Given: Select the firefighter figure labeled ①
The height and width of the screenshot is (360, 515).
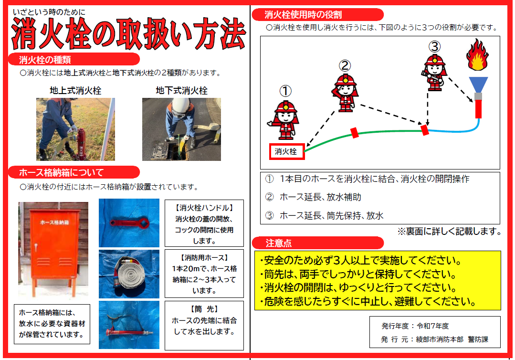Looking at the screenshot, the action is click(285, 120).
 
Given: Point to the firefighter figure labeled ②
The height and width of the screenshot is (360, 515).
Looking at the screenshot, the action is click(345, 93).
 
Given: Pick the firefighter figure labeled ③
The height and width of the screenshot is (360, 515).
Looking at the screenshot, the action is click(434, 73).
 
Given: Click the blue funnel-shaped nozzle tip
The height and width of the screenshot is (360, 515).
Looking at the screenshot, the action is click(478, 85).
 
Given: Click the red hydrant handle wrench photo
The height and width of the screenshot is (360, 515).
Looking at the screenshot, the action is click(129, 223).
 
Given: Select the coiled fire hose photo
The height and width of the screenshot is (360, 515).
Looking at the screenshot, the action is click(129, 274).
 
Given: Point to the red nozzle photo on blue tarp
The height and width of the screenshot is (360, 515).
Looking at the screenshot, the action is click(129, 325).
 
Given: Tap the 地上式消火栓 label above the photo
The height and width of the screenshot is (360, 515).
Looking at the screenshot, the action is click(75, 90).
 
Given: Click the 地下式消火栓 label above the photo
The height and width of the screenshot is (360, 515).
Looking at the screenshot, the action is click(182, 90).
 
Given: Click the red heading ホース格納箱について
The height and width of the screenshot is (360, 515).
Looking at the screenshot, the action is click(62, 172).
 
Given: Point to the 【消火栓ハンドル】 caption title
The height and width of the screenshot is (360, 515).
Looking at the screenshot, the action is click(204, 208).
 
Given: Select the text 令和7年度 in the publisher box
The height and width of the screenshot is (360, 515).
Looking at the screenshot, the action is click(432, 326).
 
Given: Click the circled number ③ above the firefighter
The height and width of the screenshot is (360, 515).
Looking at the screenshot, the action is click(434, 47).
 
